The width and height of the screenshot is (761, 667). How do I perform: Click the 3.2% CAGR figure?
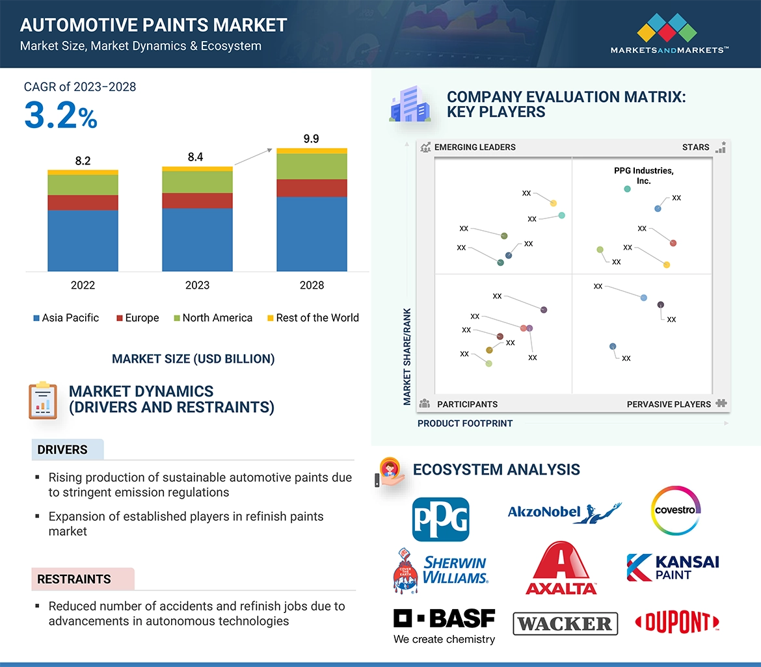(x=60, y=116)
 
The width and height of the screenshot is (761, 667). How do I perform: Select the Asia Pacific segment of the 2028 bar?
(x=312, y=233)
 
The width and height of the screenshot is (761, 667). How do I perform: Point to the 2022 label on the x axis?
(x=83, y=285)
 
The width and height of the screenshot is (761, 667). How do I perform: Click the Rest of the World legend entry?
(x=313, y=318)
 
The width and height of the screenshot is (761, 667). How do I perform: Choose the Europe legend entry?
(x=137, y=318)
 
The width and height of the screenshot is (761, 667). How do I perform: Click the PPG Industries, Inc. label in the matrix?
(x=643, y=176)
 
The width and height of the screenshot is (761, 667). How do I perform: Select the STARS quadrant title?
(x=695, y=147)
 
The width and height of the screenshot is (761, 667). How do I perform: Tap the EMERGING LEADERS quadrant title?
(x=475, y=147)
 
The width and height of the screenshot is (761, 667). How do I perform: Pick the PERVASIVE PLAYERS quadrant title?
(x=669, y=404)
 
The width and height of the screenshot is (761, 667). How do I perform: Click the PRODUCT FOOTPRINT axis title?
(x=465, y=423)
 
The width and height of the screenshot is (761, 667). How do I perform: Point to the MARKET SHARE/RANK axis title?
(x=407, y=356)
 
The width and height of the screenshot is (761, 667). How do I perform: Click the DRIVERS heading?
(x=62, y=450)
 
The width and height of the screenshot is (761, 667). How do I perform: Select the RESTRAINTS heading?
(x=74, y=579)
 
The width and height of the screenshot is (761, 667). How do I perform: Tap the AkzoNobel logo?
(x=564, y=512)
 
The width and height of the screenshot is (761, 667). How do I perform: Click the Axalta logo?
(x=561, y=569)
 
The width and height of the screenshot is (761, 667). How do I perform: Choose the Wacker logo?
(x=565, y=624)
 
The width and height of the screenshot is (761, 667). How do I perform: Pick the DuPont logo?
(x=676, y=623)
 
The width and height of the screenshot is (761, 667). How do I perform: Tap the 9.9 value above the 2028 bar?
(x=311, y=138)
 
